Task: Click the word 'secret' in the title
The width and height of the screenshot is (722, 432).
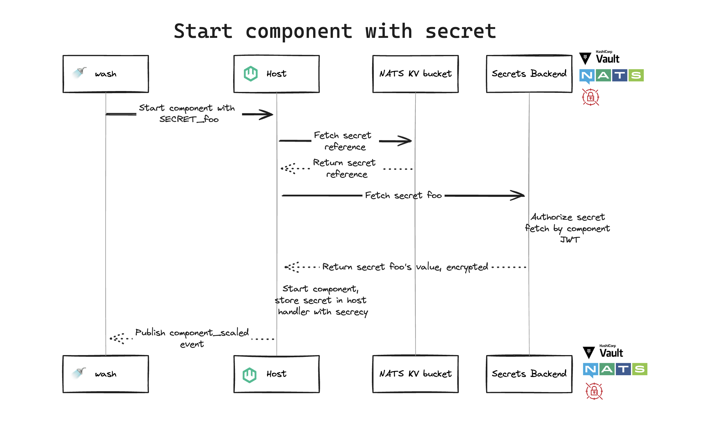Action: (x=460, y=31)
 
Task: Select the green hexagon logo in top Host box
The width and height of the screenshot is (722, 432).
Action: (x=251, y=74)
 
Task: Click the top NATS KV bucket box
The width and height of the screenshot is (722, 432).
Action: (x=415, y=74)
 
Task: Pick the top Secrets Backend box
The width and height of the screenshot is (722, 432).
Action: (x=529, y=74)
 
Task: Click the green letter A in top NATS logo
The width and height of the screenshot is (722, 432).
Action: (x=603, y=75)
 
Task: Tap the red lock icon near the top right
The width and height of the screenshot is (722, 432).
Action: (x=591, y=97)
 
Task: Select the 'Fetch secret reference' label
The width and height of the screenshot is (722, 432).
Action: (x=343, y=141)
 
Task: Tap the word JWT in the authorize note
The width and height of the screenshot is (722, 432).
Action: (x=569, y=240)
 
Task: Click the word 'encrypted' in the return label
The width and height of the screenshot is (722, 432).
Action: (x=467, y=267)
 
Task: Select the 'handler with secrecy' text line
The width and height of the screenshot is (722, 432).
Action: (x=323, y=312)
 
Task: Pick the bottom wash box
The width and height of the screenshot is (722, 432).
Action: (x=106, y=374)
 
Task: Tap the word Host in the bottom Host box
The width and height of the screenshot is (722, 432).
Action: (x=276, y=374)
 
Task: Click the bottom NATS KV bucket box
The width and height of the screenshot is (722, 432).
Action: (x=415, y=374)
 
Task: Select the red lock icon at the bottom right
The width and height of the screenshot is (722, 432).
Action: (x=594, y=391)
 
